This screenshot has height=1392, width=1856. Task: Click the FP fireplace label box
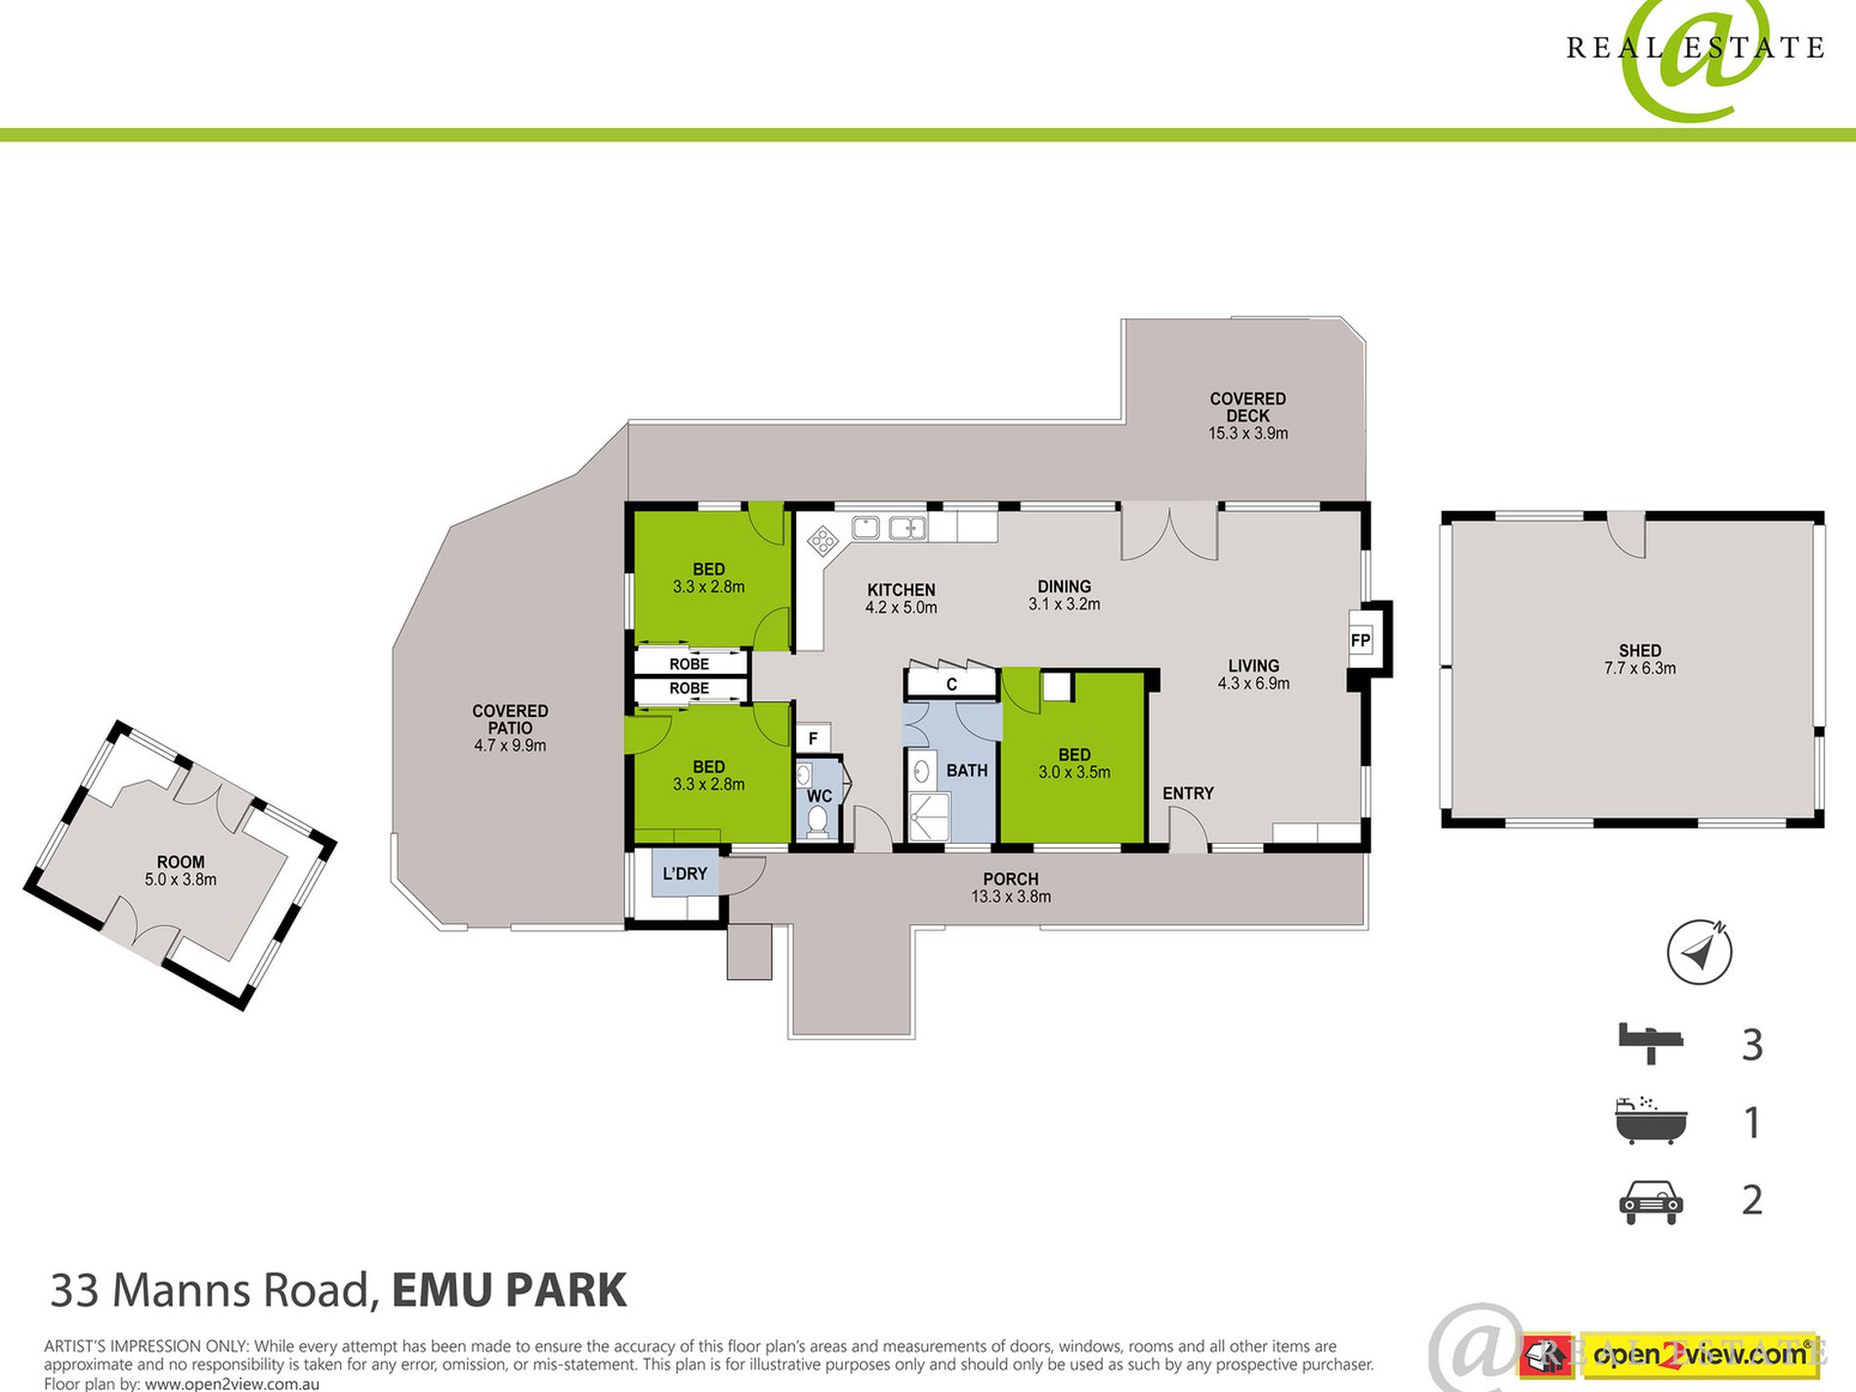coord(1360,641)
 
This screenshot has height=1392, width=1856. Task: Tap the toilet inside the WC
coord(818,820)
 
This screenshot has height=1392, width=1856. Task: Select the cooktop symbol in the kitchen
coord(823,540)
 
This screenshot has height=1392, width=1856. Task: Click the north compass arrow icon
coord(1699,951)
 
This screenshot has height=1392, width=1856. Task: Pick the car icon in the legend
coord(1651,1202)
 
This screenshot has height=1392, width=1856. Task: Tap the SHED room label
coord(1640,651)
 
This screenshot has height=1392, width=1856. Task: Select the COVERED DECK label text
coord(1248,407)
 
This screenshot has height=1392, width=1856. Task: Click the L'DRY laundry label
coord(685,873)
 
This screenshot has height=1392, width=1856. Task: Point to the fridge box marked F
coord(813,738)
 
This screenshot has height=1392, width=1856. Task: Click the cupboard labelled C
coord(951,684)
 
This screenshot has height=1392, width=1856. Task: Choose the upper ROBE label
coord(689,664)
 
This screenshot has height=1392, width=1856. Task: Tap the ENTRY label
coord(1188,793)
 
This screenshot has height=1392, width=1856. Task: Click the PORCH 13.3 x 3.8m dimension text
coord(1011,897)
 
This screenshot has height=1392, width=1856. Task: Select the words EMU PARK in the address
coord(509,1290)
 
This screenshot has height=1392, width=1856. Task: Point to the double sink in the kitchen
coord(889,528)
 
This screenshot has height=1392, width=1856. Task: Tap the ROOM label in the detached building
coord(181,863)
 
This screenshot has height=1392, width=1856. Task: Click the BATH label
coord(967,771)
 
